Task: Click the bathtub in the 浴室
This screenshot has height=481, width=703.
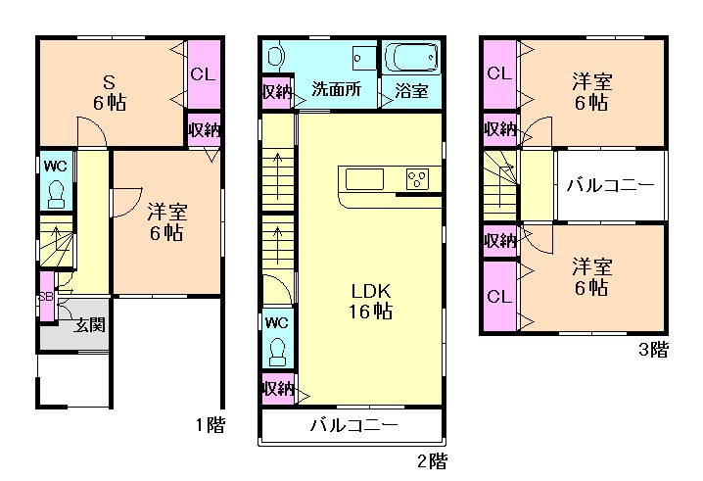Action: tap(411, 58)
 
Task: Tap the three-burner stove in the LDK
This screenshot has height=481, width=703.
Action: tap(417, 179)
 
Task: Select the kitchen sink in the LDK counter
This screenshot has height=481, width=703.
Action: tap(364, 179)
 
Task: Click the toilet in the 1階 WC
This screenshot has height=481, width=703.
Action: tap(56, 194)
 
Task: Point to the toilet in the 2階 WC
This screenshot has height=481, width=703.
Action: tap(277, 351)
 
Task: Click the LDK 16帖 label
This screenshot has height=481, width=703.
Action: tap(371, 301)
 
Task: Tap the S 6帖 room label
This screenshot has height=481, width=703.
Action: tap(110, 93)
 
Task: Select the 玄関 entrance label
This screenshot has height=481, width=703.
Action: tap(90, 324)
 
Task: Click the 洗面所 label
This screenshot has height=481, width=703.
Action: tap(336, 89)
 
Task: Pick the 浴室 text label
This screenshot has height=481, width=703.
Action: tap(411, 91)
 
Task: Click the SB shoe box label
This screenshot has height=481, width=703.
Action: tap(46, 297)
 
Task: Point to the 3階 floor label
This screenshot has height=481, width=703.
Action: tap(653, 350)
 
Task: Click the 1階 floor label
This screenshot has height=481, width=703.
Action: tap(211, 424)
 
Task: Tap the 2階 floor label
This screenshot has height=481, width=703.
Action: tap(432, 460)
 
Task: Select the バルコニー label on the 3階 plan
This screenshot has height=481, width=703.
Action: tap(611, 185)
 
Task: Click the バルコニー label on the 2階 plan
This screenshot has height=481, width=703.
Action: tap(354, 424)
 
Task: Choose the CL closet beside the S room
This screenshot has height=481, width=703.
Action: tap(204, 74)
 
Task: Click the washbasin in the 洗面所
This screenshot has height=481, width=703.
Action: tap(364, 58)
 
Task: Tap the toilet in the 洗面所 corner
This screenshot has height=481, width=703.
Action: tap(275, 56)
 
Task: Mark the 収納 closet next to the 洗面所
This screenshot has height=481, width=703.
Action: tap(277, 92)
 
